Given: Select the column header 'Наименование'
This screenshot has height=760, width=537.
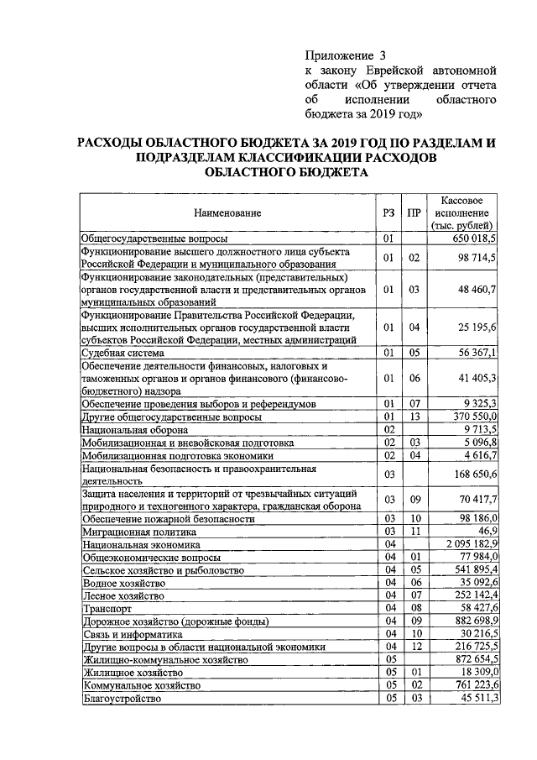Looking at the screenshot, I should [226, 213].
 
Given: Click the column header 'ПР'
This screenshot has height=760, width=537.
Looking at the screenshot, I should [413, 213].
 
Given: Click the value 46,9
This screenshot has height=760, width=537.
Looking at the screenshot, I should [487, 532].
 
